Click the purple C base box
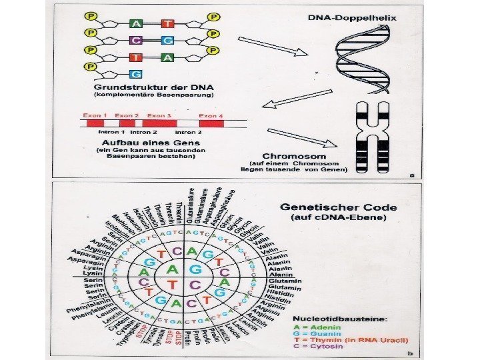point(135,40)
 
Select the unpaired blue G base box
point(135,73)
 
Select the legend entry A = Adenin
point(316,327)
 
